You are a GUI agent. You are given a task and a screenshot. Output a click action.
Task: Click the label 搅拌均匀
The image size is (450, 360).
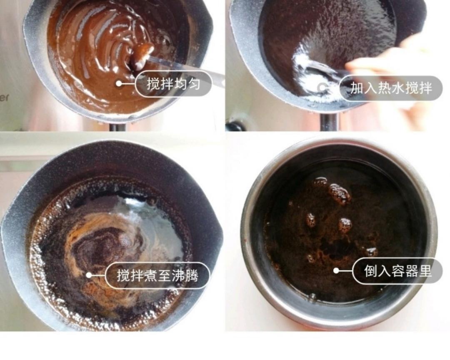click(174, 84)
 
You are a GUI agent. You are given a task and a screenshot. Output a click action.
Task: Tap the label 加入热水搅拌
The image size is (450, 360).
click(390, 88)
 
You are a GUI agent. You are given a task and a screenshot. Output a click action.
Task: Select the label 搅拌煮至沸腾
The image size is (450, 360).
click(157, 275)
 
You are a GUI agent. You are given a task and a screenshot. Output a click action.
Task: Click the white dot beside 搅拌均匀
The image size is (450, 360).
click(119, 84)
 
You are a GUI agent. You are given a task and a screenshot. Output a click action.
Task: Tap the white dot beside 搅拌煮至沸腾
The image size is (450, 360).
click(89, 275)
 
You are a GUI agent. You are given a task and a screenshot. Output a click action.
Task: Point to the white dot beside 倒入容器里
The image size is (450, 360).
click(336, 271)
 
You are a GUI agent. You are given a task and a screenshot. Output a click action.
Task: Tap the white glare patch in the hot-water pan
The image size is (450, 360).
click(308, 71)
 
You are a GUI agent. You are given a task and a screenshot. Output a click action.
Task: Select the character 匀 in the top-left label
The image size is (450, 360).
click(192, 84)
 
